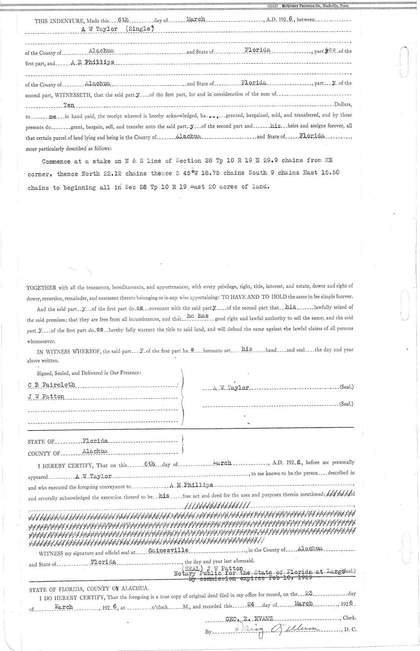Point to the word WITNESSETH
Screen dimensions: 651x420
coord(70,94)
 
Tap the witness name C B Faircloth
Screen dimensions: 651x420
coord(51,385)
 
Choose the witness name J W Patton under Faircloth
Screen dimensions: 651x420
coord(46,397)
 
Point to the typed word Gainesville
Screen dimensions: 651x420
coord(169,550)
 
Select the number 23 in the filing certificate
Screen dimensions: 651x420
coord(309,593)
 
